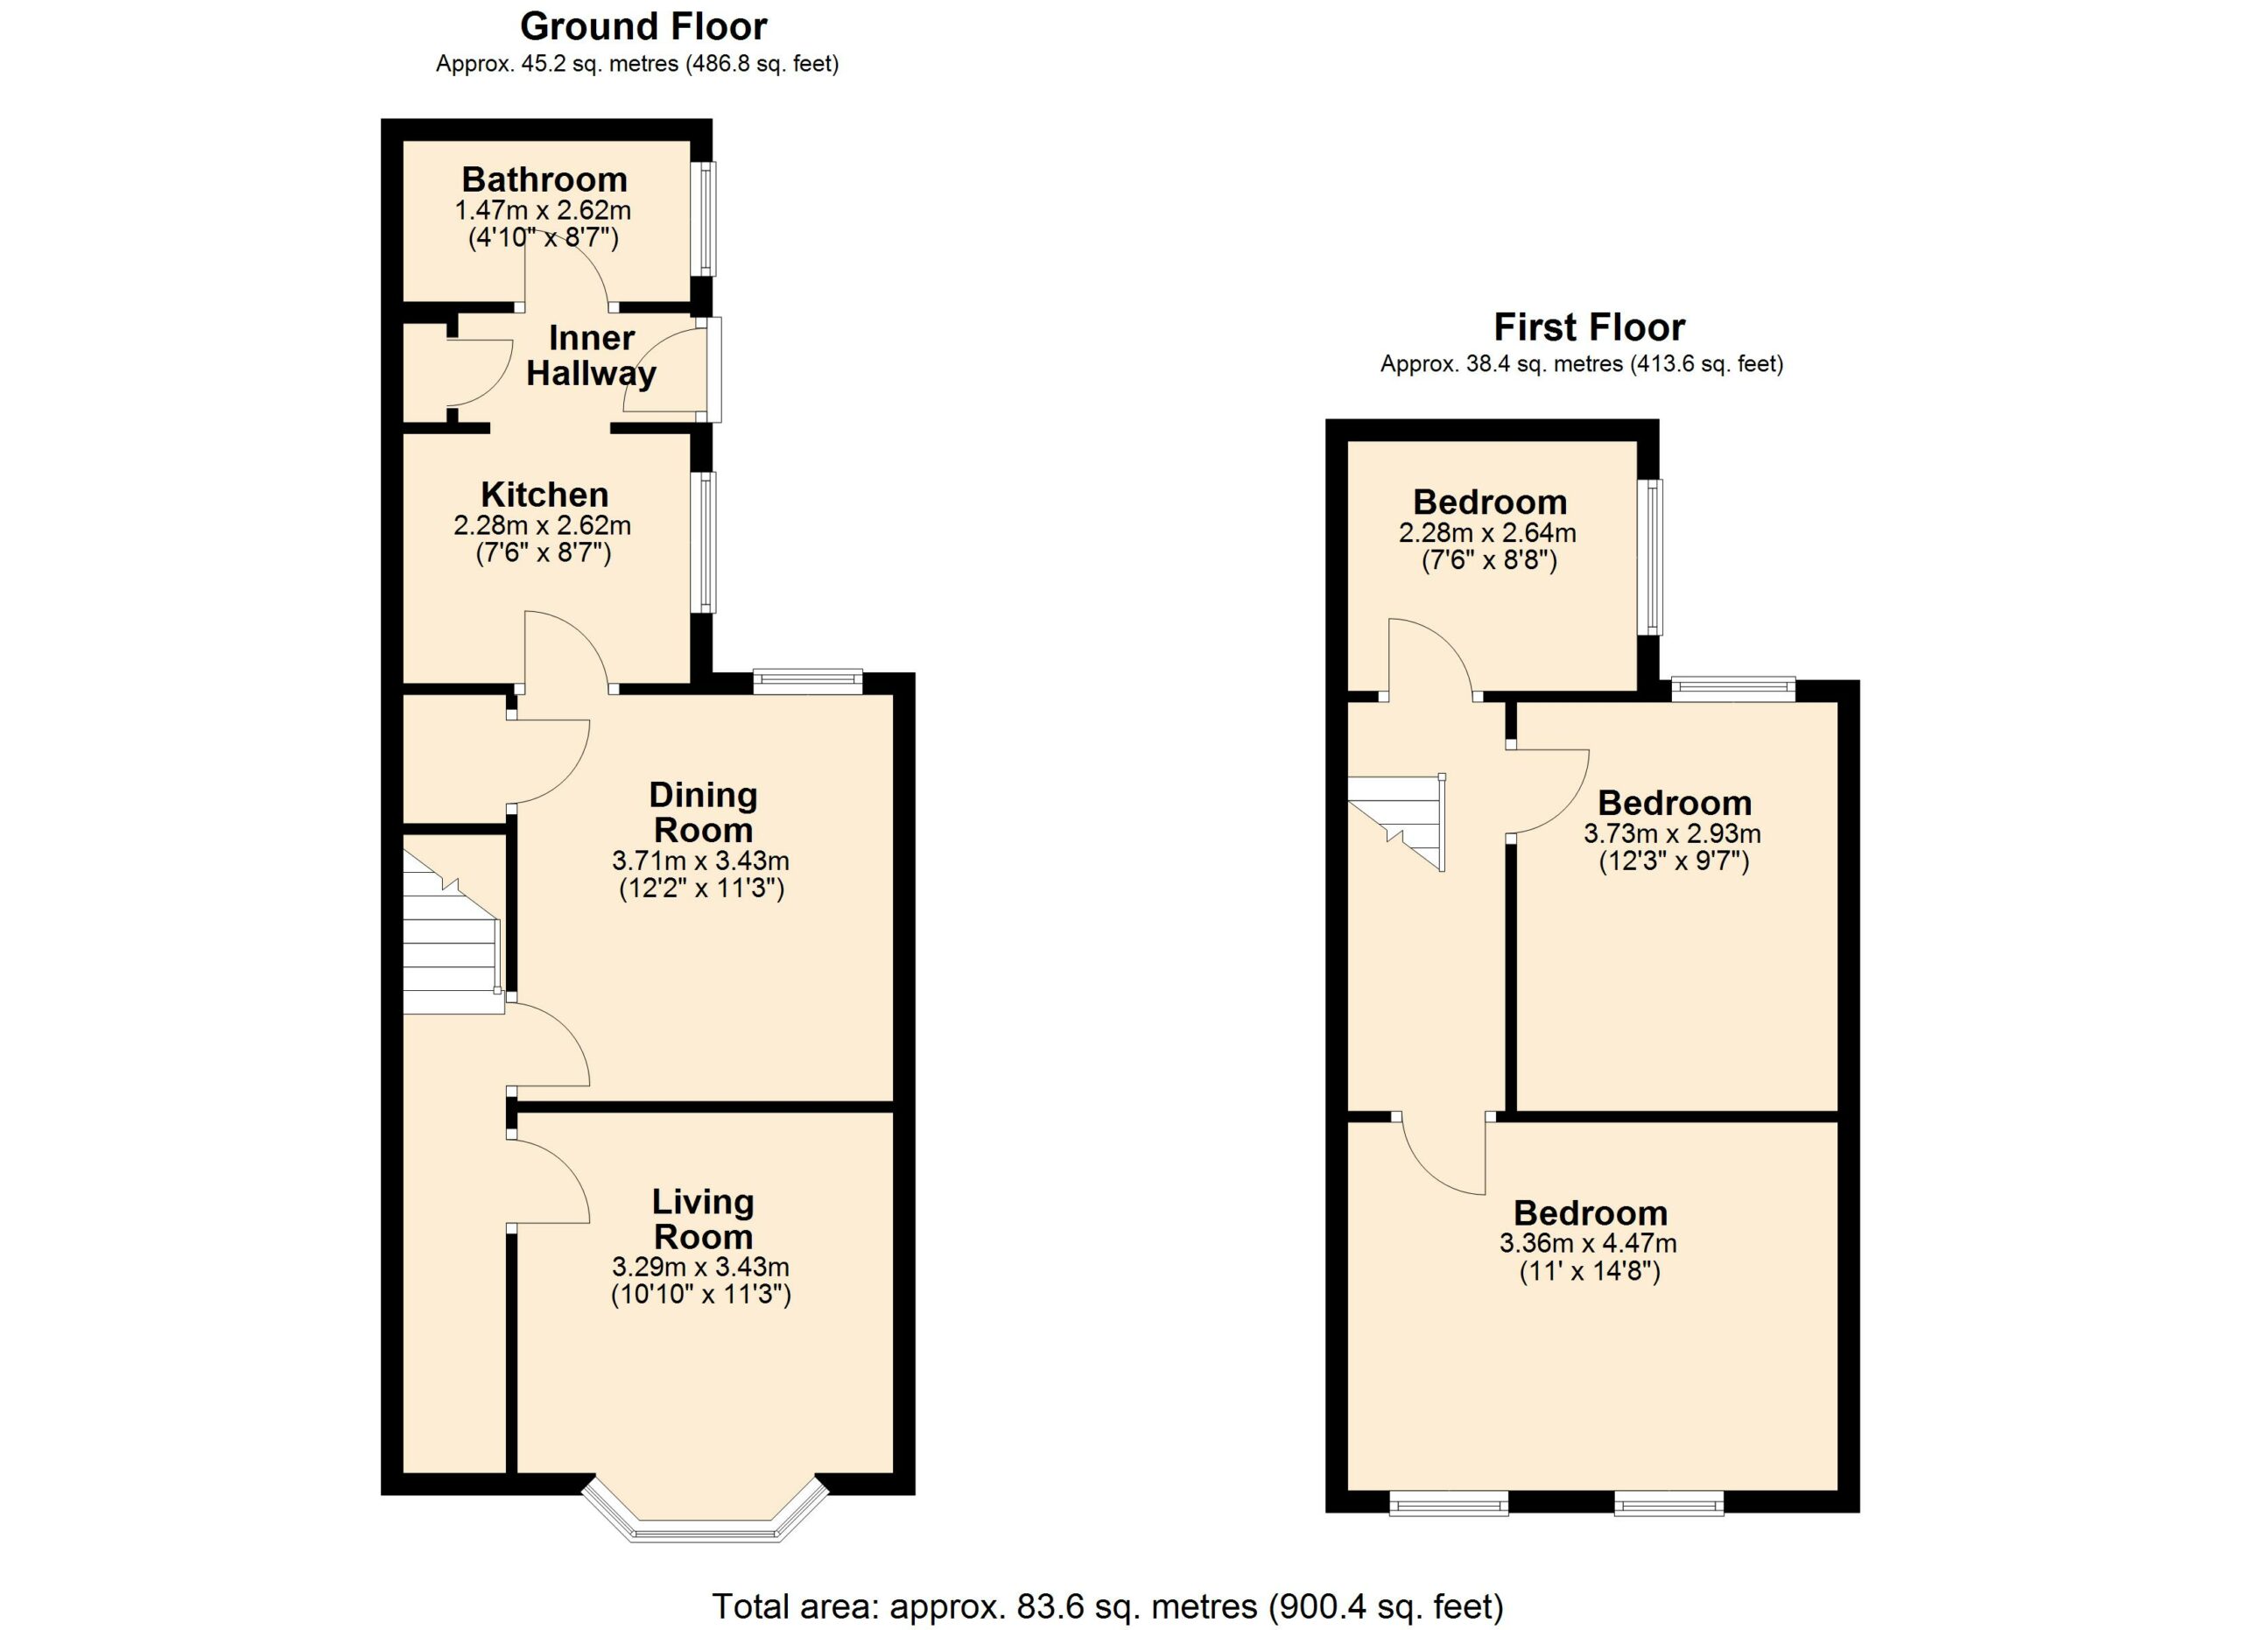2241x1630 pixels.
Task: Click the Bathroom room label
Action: [544, 179]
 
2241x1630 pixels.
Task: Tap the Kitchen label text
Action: [544, 494]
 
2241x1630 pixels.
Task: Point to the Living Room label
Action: [703, 1219]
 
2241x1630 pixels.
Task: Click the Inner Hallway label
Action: [591, 355]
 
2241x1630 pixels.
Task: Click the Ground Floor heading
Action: [643, 26]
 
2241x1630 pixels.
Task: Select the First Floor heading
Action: [1590, 327]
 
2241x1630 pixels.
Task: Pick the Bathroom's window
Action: [707, 218]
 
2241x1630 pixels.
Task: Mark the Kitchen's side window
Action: [707, 543]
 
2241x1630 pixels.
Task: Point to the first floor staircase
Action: [1397, 823]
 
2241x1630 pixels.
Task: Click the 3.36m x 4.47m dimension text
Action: [1589, 1243]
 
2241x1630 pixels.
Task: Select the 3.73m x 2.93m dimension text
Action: [1673, 833]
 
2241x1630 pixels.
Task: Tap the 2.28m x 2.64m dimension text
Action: [1488, 532]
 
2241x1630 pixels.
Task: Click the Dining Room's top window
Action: [808, 681]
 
